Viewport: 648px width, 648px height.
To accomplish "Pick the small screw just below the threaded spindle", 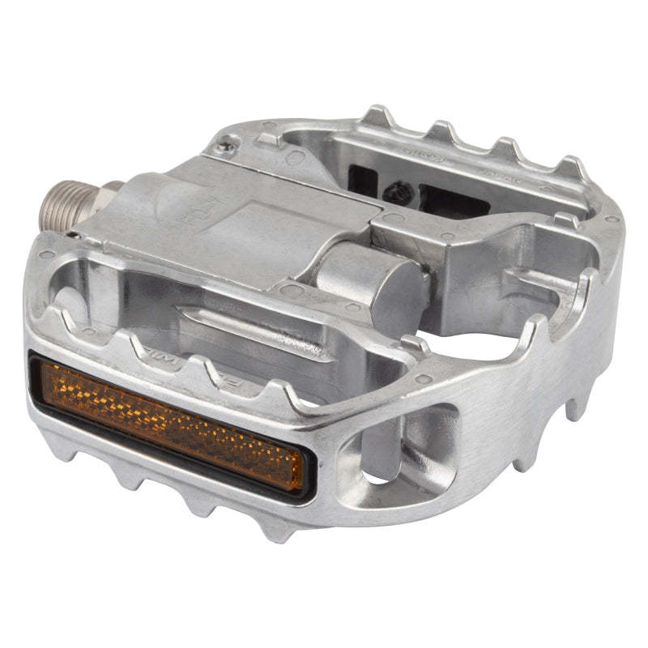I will [x=74, y=235].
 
